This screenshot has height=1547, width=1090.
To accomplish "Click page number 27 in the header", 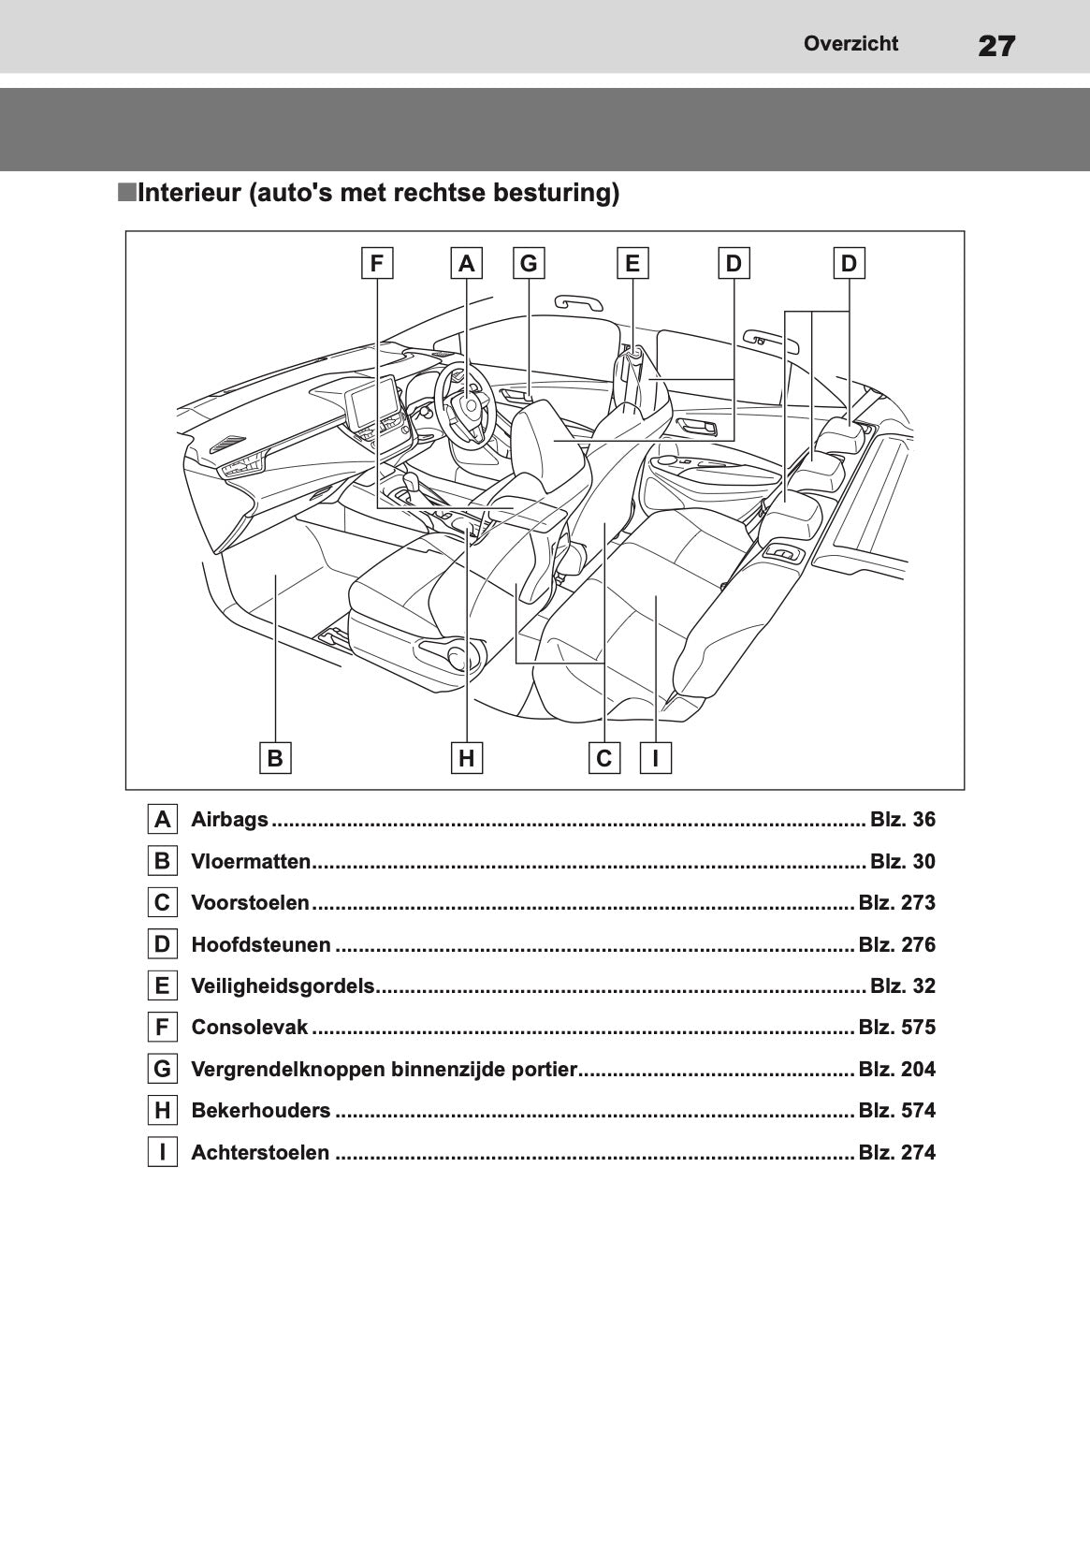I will pyautogui.click(x=996, y=45).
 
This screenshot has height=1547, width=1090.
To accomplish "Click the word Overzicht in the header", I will pyautogui.click(x=850, y=44).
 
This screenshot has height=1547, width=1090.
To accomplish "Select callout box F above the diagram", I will pyautogui.click(x=377, y=264).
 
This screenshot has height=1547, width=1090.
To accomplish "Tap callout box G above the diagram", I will pyautogui.click(x=529, y=264).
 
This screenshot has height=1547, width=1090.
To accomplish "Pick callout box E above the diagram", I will pyautogui.click(x=632, y=264).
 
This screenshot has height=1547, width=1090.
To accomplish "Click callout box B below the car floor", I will pyautogui.click(x=275, y=757).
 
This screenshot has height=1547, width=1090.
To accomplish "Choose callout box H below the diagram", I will pyautogui.click(x=466, y=757).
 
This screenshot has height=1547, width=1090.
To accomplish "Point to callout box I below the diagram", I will pyautogui.click(x=656, y=757).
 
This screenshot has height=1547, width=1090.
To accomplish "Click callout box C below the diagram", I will pyautogui.click(x=604, y=757).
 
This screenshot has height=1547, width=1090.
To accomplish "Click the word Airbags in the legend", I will pyautogui.click(x=229, y=820).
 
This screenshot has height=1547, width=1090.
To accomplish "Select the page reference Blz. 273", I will pyautogui.click(x=896, y=903).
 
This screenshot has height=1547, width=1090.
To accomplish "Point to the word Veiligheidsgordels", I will pyautogui.click(x=283, y=986).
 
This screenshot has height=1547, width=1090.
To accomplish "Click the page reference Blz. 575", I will pyautogui.click(x=896, y=1028).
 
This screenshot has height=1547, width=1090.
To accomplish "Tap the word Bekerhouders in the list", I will pyautogui.click(x=260, y=1111).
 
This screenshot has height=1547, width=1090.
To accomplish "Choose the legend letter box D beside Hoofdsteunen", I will pyautogui.click(x=163, y=944).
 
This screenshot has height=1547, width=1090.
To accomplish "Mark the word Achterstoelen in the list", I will pyautogui.click(x=260, y=1153).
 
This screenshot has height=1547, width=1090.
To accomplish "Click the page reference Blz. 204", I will pyautogui.click(x=896, y=1070).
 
